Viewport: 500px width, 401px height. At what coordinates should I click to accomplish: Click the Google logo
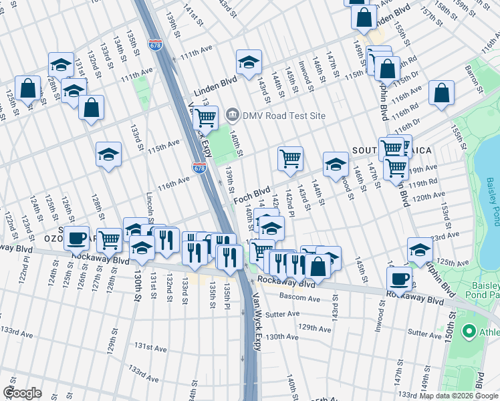[22, 393]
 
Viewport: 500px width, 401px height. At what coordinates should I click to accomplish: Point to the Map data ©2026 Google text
[459, 396]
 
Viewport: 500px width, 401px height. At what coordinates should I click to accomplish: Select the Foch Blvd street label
[251, 194]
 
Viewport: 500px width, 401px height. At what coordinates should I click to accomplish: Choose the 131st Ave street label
[150, 347]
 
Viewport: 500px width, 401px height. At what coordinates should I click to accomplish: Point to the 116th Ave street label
[173, 182]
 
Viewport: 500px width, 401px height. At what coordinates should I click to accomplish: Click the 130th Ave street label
[281, 338]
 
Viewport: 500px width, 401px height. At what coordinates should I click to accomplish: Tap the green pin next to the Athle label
[469, 331]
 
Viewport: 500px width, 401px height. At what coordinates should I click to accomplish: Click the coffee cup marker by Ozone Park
[77, 237]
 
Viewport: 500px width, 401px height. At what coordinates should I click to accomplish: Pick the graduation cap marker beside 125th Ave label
[420, 250]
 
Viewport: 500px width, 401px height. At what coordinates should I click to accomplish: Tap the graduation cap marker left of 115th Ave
[108, 154]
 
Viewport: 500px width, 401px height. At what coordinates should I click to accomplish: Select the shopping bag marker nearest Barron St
[442, 94]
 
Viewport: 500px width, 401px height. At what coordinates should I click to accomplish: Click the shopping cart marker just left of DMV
[205, 118]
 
